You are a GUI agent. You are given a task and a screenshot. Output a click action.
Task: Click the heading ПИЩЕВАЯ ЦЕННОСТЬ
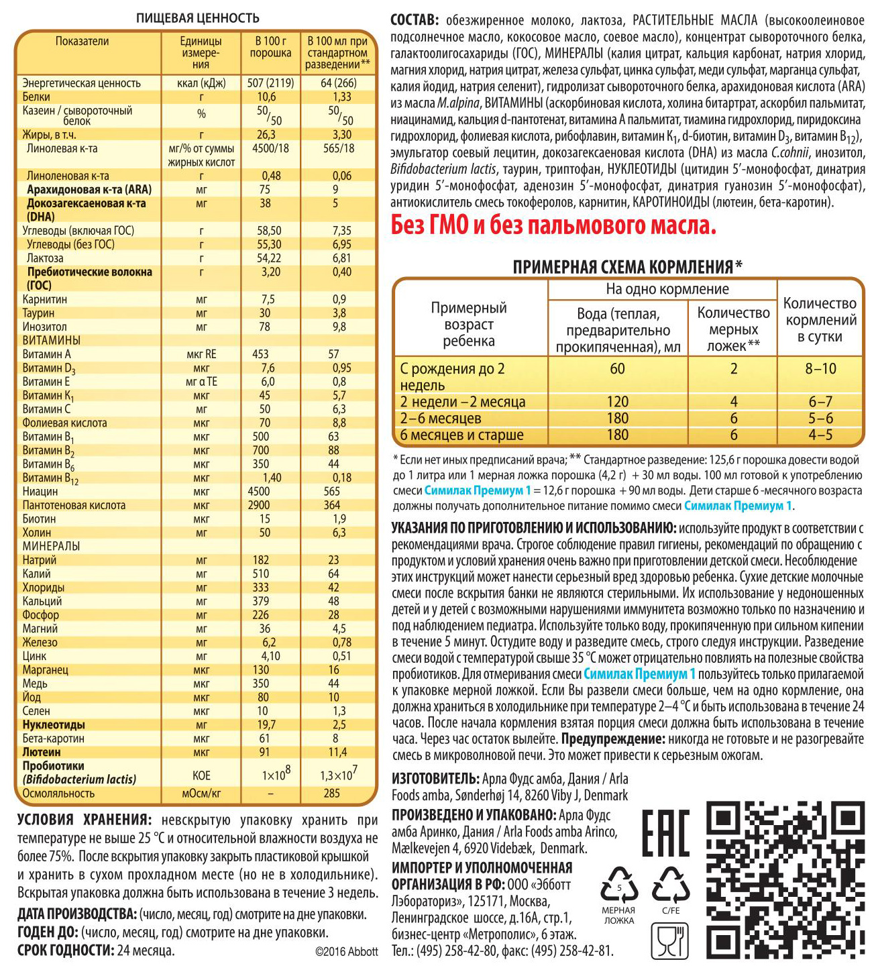[197, 18]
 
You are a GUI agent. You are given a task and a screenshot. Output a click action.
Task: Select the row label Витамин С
[46, 409]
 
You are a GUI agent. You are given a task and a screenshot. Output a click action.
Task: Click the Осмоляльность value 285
[332, 794]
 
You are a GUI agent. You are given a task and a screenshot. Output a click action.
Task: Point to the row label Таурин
[39, 313]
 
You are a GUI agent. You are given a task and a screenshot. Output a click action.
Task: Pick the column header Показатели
[82, 42]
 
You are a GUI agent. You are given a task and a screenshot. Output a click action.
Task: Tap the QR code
[785, 879]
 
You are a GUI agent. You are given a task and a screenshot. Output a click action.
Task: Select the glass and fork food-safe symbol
[669, 940]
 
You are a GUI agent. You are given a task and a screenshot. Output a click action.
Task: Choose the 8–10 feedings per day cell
[820, 369]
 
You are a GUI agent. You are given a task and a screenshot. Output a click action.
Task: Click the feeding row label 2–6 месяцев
[441, 419]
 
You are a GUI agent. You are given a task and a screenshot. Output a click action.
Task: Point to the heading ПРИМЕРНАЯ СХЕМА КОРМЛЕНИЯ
[623, 267]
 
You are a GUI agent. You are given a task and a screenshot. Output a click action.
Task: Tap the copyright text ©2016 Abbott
[346, 951]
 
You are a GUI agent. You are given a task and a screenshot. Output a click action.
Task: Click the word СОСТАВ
[415, 20]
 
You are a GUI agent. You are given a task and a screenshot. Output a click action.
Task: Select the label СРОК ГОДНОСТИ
[65, 951]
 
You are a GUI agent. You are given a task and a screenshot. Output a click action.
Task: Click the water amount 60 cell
[617, 369]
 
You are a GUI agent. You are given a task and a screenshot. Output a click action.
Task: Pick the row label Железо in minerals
[40, 643]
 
